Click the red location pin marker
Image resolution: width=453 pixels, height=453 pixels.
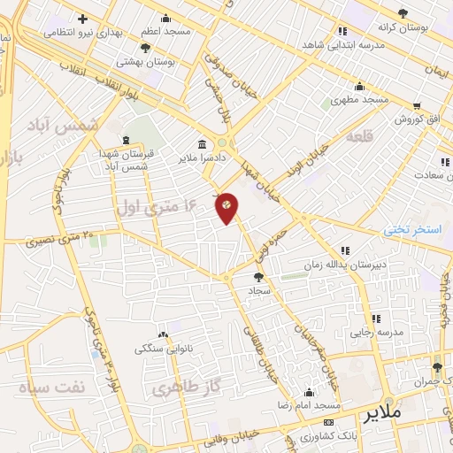[x=226, y=207]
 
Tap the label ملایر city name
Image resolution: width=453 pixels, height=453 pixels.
[x=382, y=413]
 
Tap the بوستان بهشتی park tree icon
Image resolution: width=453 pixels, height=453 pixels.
[x=145, y=48]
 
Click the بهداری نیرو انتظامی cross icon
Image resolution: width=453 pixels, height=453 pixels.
[x=82, y=18]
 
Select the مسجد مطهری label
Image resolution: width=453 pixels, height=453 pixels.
[x=359, y=100]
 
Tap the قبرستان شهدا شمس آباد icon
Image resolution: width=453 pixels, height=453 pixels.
[x=125, y=140]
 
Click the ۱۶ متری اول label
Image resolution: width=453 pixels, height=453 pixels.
[x=155, y=206]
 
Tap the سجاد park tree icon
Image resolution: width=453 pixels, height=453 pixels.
[x=257, y=277]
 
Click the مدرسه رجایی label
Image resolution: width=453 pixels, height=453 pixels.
[x=377, y=333]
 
